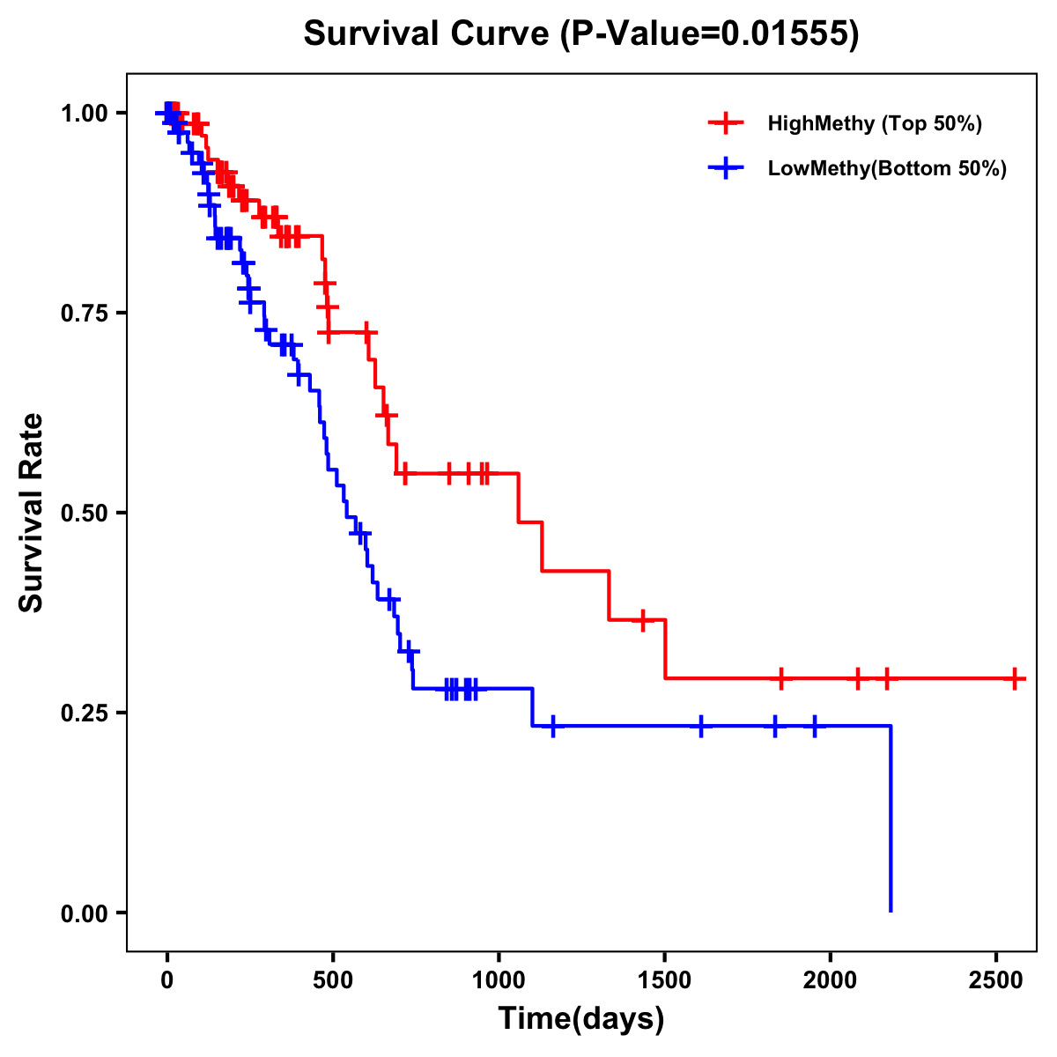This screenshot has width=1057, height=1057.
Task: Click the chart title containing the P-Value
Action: pos(581,34)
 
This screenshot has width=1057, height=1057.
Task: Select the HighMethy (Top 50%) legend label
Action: pos(875,123)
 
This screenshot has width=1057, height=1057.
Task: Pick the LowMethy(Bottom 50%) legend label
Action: pos(887,168)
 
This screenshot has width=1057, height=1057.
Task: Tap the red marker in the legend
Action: pos(726,123)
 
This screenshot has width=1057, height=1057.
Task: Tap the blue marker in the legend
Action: pos(726,168)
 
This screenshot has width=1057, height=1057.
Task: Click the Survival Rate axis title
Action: pos(32,513)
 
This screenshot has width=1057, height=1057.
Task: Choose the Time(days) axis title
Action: pos(581,1019)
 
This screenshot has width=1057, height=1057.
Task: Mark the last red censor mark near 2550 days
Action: pos(1016,679)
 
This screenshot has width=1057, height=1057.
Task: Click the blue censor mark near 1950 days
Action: pos(814,727)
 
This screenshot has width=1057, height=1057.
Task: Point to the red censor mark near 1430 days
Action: pos(643,620)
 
